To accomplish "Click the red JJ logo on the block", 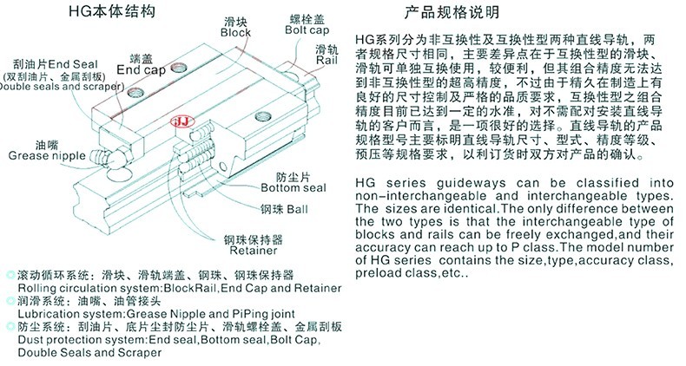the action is [x=183, y=121].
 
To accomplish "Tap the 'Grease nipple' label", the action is [x=47, y=155].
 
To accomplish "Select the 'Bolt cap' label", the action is [x=307, y=30].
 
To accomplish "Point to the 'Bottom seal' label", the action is [x=294, y=188].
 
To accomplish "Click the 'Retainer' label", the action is [x=254, y=251].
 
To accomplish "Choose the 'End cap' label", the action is [x=142, y=70].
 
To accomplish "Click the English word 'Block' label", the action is [x=235, y=33].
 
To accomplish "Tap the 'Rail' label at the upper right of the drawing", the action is [x=327, y=60].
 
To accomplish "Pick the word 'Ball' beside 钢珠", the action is [x=298, y=209].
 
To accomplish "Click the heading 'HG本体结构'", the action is [x=112, y=11].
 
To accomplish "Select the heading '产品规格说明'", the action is [x=452, y=12].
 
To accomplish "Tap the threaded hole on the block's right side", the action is [x=262, y=116].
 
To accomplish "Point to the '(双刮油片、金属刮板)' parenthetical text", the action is [x=54, y=76].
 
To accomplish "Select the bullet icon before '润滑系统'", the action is [x=10, y=301].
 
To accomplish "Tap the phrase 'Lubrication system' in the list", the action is [x=71, y=314].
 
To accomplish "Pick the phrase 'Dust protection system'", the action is [x=82, y=340].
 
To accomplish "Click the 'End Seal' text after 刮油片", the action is [x=73, y=64].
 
